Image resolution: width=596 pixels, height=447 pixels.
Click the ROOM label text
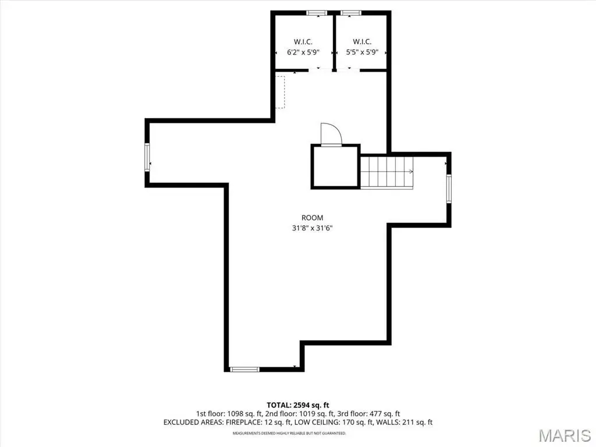click(x=312, y=218)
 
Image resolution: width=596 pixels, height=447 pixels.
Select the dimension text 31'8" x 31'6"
click(x=312, y=228)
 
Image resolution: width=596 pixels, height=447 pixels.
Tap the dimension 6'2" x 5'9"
click(x=303, y=52)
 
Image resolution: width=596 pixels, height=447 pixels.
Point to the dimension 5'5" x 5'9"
click(x=362, y=52)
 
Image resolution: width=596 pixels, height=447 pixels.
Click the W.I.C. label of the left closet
click(x=303, y=42)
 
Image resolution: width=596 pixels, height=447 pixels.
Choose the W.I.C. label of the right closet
click(x=362, y=42)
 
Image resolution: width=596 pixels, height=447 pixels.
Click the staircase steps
click(x=386, y=172)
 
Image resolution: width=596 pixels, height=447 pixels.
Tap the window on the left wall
click(x=147, y=157)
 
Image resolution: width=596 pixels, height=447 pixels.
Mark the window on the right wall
click(x=449, y=189)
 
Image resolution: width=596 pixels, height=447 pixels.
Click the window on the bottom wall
click(x=244, y=369)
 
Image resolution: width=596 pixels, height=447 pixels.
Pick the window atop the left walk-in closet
click(x=317, y=13)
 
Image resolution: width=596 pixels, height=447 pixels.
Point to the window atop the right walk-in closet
click(x=351, y=13)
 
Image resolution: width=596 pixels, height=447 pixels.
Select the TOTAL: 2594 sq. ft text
click(x=297, y=405)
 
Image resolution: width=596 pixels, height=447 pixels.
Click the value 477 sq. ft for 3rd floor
click(x=385, y=414)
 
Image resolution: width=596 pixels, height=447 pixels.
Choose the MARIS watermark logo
click(x=565, y=435)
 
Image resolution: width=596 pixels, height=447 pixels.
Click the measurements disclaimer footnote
click(x=289, y=433)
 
